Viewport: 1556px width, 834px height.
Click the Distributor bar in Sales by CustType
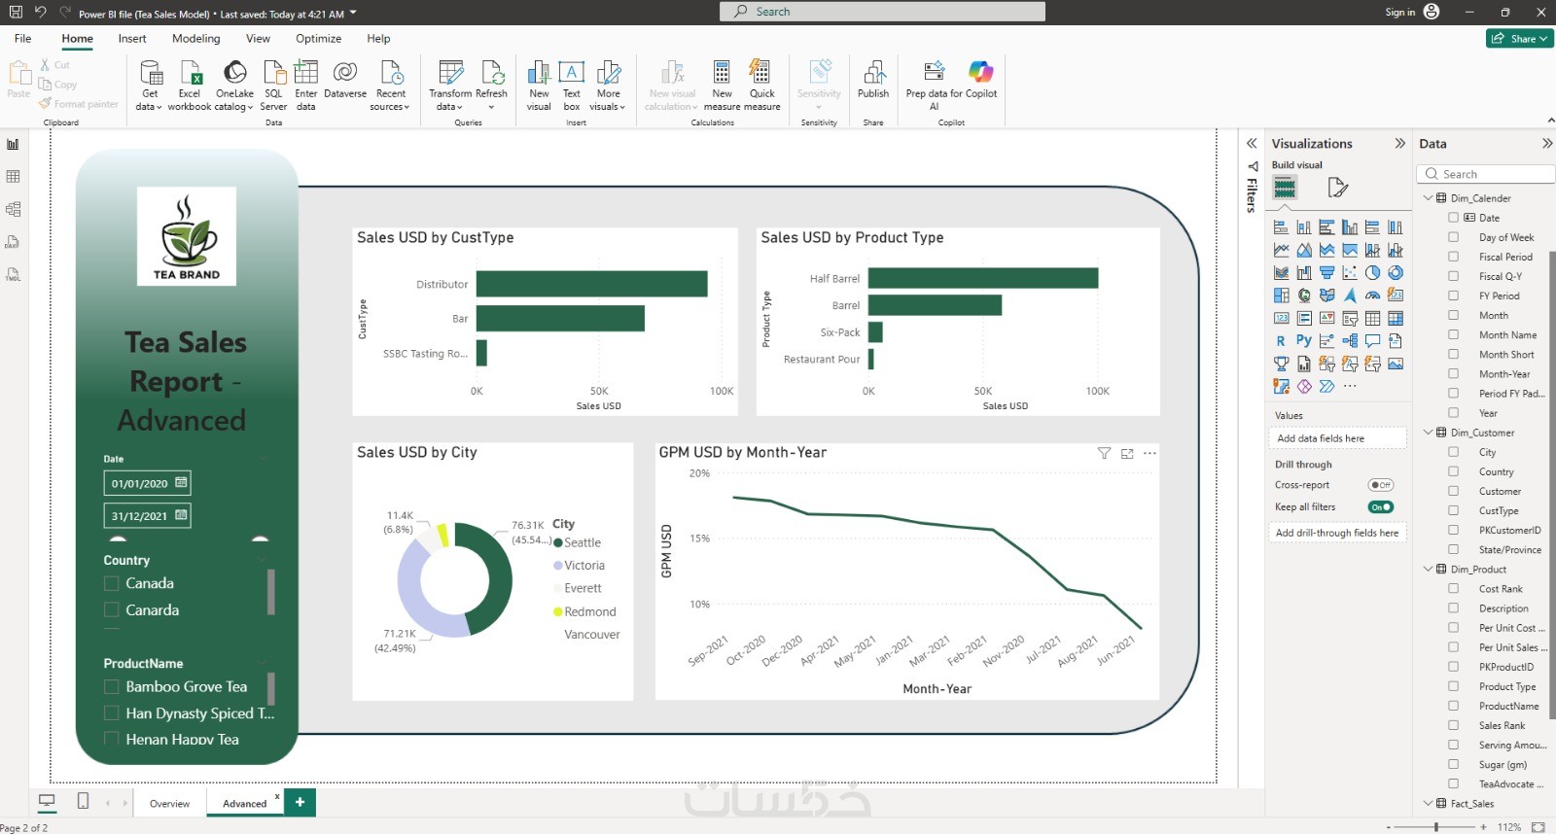coord(591,284)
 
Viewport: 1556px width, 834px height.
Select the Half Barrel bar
coord(982,278)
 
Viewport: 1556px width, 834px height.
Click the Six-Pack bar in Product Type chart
coord(875,332)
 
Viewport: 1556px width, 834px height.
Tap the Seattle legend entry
coord(582,542)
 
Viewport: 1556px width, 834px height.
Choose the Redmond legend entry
coord(589,611)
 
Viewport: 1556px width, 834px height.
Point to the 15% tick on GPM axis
coord(699,539)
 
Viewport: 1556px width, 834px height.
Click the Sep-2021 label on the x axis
coord(708,650)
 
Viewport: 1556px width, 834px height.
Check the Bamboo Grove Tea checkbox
coord(112,686)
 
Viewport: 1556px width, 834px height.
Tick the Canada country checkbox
coord(112,583)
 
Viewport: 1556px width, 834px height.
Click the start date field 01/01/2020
coord(140,483)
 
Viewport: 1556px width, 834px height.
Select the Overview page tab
coord(169,803)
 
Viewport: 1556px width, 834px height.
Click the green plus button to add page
coord(300,802)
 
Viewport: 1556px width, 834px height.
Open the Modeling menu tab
coord(196,39)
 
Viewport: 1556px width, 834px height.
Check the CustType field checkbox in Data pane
coord(1453,510)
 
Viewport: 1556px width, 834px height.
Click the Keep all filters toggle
coord(1380,506)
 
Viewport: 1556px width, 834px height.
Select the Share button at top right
coord(1520,39)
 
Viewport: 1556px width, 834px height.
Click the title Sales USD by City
coord(417,452)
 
